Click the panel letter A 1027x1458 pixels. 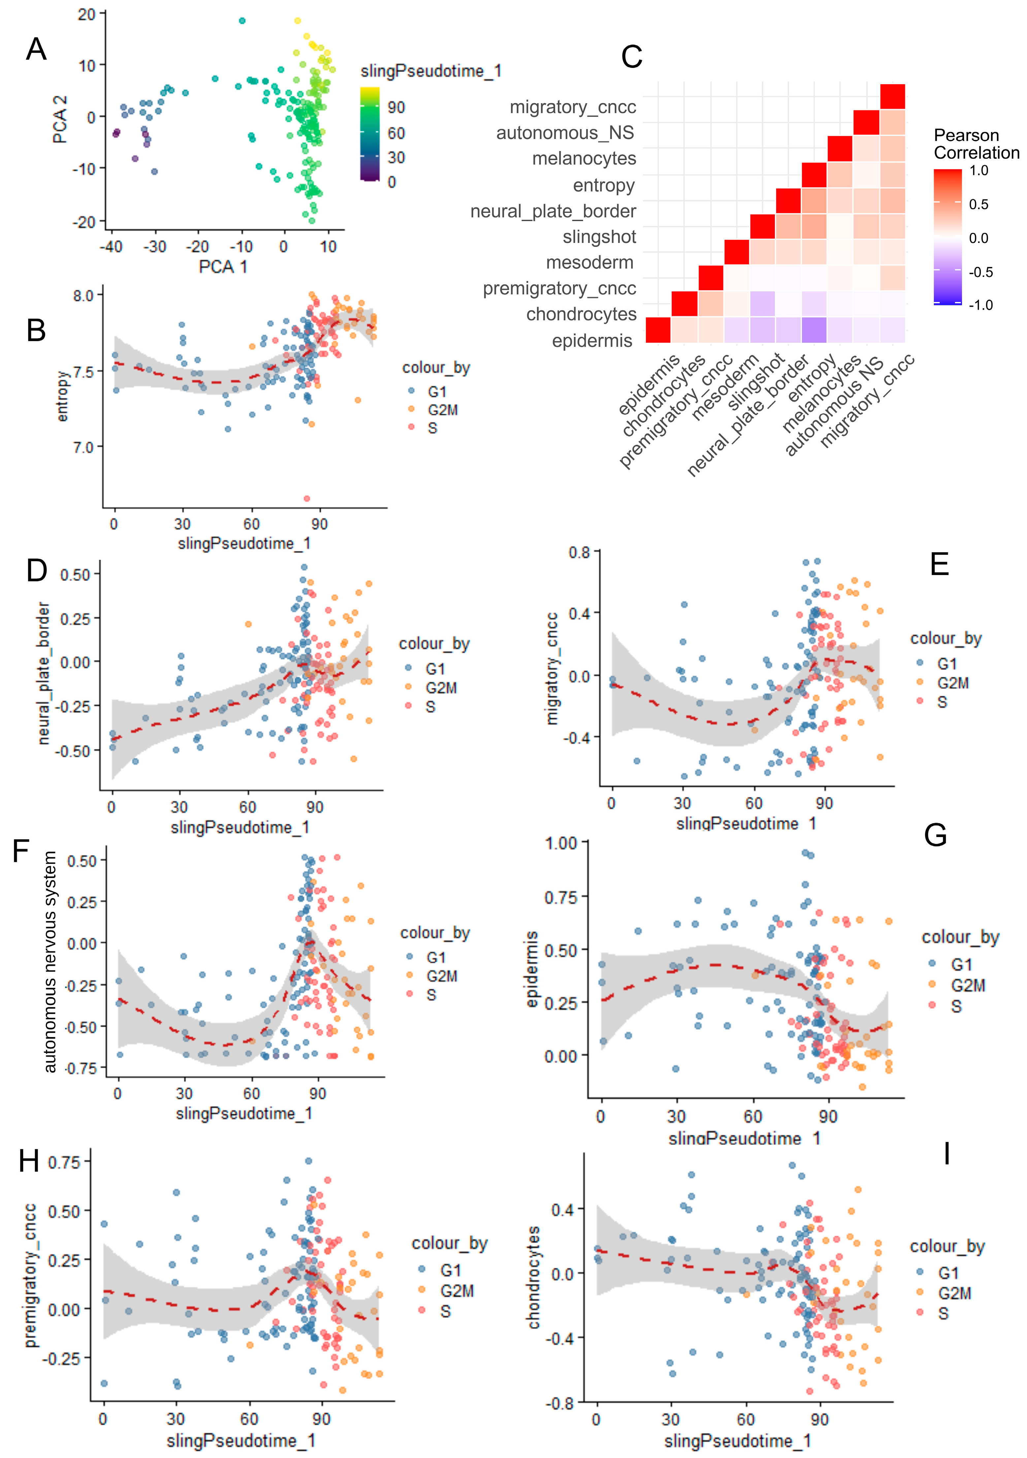(x=36, y=49)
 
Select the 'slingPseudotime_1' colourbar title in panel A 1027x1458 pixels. (x=431, y=71)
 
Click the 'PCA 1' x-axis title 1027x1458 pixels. (x=223, y=267)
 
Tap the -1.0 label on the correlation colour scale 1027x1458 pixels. (x=980, y=305)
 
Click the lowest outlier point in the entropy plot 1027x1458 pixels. (x=307, y=499)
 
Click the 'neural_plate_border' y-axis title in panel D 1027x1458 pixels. (x=43, y=673)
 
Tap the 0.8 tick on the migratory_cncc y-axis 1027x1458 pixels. (x=579, y=552)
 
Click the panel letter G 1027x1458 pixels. (x=936, y=835)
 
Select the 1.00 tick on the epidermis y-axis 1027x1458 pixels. (x=561, y=843)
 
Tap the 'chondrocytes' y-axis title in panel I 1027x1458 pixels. (x=533, y=1277)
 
